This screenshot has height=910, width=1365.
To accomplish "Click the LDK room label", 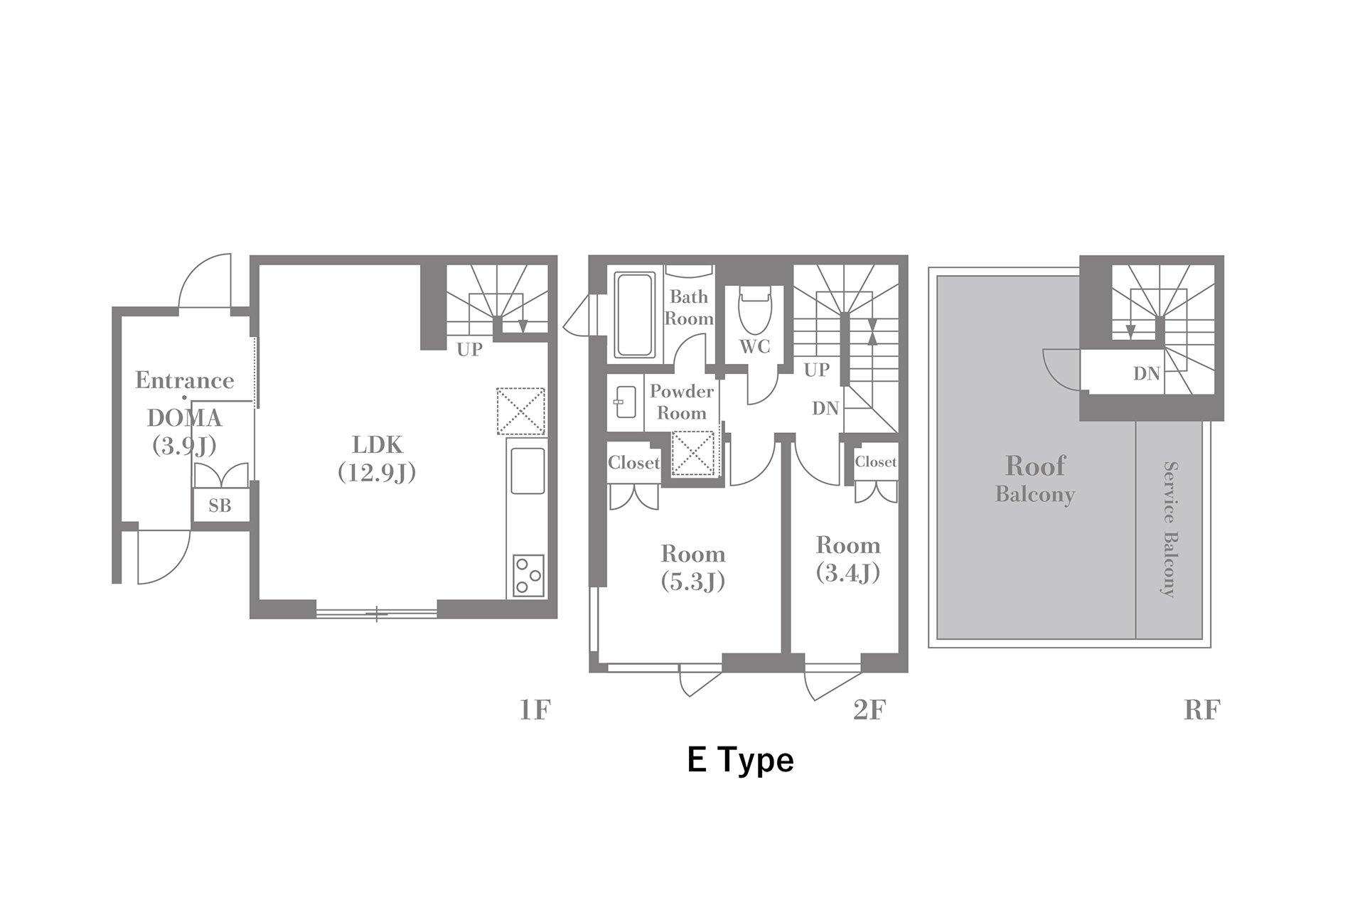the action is tap(377, 459).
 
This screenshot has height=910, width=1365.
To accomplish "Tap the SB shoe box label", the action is tap(220, 505).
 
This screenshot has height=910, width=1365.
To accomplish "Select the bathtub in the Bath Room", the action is tap(635, 314).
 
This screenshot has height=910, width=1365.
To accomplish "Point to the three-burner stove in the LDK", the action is tap(528, 575).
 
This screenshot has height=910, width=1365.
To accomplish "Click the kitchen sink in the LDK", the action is tap(528, 471).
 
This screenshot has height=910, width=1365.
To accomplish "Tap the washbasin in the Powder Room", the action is tap(625, 402).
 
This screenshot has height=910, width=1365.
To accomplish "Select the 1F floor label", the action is tap(535, 710).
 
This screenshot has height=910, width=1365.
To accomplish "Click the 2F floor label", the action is tap(869, 710).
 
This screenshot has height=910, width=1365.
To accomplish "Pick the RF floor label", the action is tap(1201, 710).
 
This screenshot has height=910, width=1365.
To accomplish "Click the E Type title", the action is tap(740, 761).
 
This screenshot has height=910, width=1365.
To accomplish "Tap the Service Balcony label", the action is tap(1169, 529).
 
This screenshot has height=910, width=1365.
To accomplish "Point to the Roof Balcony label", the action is tap(1035, 478).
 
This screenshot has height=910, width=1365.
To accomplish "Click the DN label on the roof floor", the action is tap(1146, 373).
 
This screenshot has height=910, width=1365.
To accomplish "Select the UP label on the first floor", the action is tap(469, 349).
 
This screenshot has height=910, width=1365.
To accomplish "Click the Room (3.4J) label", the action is tap(848, 559).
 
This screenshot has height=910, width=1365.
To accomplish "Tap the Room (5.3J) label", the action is tap(693, 567).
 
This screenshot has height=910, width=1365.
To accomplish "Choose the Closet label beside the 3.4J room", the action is tap(876, 461).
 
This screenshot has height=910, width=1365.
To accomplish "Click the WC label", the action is tap(755, 346).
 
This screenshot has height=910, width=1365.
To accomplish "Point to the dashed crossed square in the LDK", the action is tap(520, 411).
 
